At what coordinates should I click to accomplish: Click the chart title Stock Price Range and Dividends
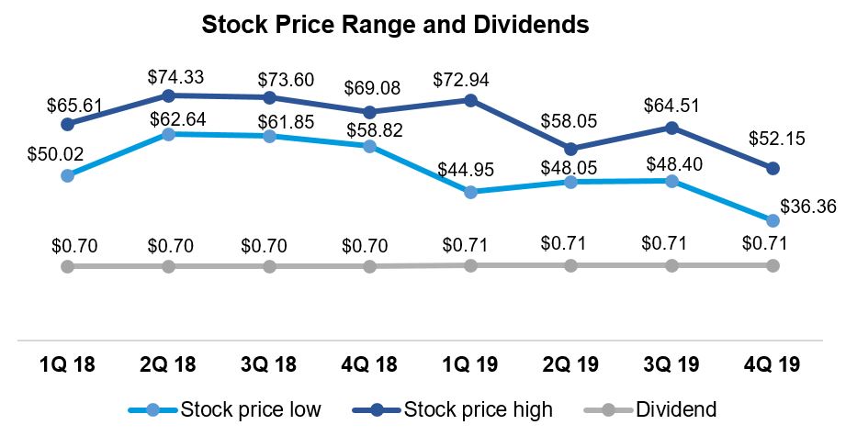(394, 25)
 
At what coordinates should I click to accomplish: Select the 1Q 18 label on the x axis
(67, 364)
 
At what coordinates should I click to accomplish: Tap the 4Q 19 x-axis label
(773, 364)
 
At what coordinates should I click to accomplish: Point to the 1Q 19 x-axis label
(470, 364)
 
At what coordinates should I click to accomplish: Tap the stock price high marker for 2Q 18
(168, 95)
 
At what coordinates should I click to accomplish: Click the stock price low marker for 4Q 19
(773, 220)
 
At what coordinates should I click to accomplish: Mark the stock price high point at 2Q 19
(571, 149)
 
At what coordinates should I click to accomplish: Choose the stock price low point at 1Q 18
(67, 174)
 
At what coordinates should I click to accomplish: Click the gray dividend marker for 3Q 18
(269, 266)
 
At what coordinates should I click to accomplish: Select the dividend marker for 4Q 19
(773, 265)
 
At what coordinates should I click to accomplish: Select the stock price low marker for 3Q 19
(671, 181)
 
